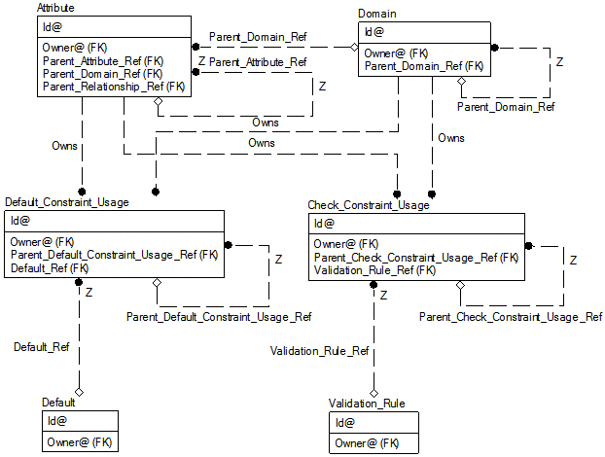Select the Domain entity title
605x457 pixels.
[376, 14]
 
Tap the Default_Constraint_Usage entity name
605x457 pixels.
[66, 202]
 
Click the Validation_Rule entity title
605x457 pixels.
[367, 403]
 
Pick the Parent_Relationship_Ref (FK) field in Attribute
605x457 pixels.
[113, 87]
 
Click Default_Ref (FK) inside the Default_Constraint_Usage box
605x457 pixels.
[50, 268]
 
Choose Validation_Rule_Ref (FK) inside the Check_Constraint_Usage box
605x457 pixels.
[374, 270]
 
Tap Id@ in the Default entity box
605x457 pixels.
[56, 422]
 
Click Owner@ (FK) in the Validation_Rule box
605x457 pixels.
[367, 443]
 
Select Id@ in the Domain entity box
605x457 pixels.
[374, 32]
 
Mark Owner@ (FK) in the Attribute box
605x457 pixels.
[74, 47]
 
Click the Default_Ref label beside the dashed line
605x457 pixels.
[40, 346]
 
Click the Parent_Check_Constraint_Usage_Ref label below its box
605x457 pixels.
[511, 317]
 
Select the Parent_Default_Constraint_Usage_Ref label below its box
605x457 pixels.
[219, 317]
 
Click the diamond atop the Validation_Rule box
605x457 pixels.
[373, 393]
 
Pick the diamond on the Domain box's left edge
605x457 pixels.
[355, 46]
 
